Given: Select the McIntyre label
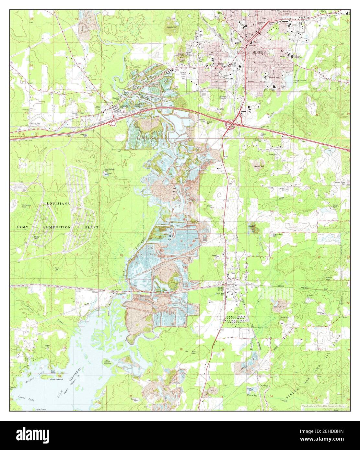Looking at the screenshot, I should [x=36, y=123].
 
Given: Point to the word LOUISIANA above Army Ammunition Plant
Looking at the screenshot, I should [x=58, y=203].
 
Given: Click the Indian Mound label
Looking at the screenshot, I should [x=108, y=362].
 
